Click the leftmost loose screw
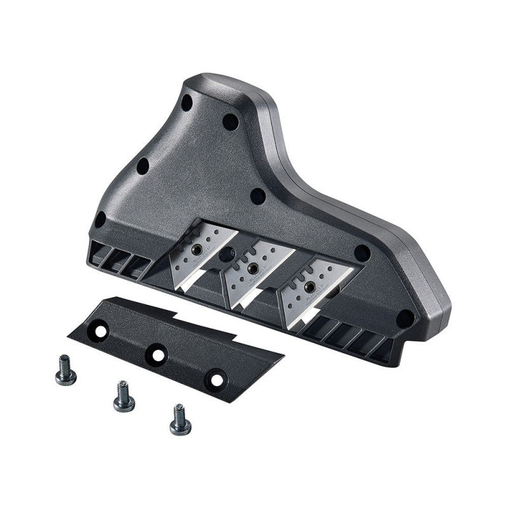(x=65, y=371)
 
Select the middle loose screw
(x=123, y=396)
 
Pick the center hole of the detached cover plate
(x=155, y=353)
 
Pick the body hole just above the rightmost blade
(x=362, y=252)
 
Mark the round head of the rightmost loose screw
(x=180, y=427)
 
